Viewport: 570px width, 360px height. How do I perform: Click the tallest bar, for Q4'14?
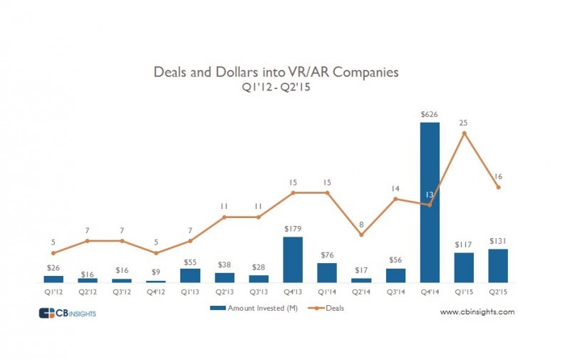point(430,202)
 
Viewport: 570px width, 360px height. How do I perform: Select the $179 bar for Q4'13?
point(292,259)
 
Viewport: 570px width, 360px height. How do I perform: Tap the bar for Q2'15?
point(498,266)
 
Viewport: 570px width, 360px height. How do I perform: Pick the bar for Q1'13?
point(190,275)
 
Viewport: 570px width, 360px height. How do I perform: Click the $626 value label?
point(430,114)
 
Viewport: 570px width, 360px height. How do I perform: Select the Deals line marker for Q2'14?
point(361,235)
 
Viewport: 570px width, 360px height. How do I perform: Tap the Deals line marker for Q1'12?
point(53,253)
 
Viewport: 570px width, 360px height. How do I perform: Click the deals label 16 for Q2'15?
point(498,175)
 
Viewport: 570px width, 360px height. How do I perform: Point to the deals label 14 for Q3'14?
point(395,188)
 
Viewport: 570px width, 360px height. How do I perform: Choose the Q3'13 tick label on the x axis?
point(258,291)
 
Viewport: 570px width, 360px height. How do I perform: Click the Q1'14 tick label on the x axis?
point(326,291)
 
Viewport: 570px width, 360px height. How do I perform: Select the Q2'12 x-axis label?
point(87,291)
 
